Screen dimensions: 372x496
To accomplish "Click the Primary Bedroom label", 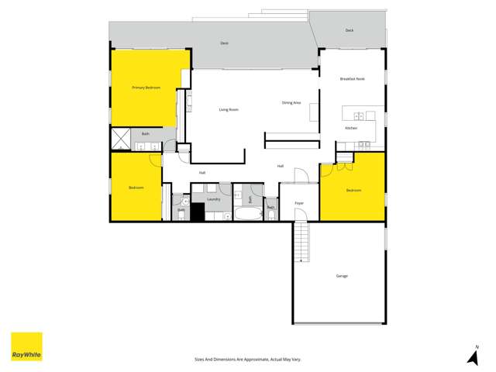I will coord(146,88).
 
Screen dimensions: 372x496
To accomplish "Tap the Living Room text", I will coord(228,109).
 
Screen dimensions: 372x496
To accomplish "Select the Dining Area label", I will coord(291,103).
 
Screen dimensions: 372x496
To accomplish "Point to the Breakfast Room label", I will coord(352,79).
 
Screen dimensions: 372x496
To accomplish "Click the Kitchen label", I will coord(351,128).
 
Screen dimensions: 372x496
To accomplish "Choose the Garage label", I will coord(342,276).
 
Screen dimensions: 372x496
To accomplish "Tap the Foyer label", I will coord(299,204).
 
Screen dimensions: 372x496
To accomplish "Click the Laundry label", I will coord(214,199).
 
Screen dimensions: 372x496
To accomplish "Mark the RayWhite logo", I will coord(26,346).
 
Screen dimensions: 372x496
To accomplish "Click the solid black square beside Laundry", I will coord(198,212).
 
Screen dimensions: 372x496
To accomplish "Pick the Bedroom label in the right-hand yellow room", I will coord(353,190).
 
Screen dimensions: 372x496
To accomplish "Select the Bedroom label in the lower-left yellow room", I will coord(136,188).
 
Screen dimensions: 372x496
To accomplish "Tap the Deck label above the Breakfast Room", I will coord(350,30).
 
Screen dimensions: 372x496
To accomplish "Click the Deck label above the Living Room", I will coord(224,43).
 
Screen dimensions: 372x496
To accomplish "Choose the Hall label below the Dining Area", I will coord(281,166).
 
